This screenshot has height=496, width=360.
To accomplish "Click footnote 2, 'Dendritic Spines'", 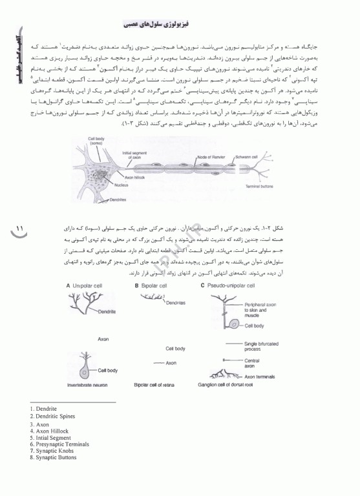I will click(52, 417).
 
